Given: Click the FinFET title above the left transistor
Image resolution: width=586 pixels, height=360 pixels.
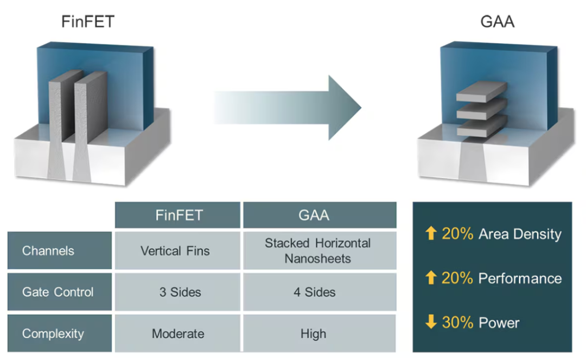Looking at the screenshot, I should point(87,22).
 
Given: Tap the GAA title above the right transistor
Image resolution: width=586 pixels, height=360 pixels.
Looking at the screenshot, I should point(498,22).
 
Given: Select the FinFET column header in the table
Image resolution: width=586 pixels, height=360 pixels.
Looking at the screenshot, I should point(178,215).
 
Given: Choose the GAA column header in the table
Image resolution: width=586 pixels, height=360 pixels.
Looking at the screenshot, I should point(314,215).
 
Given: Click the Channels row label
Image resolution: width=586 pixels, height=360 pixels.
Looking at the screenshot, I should point(48,251).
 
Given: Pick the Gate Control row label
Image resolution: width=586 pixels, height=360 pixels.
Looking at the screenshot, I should point(58,292).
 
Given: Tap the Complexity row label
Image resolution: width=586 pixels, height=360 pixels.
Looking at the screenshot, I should point(53,333).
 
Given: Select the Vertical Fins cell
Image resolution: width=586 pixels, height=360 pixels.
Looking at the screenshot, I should point(175,251).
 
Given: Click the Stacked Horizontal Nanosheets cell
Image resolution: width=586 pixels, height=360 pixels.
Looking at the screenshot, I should point(318,250).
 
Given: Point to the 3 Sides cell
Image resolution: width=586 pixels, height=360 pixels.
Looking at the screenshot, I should point(180,292).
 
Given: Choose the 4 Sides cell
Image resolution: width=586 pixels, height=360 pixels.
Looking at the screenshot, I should point(315,292).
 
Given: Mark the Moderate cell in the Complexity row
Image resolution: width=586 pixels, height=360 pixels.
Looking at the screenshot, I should point(178,333).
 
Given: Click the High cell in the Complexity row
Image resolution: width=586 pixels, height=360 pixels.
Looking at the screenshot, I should point(314,333).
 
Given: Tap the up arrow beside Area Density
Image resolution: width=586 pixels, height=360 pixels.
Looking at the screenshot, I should point(431,234).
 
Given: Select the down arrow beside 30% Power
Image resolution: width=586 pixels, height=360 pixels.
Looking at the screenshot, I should point(431,323).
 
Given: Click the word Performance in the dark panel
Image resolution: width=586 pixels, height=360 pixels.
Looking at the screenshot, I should point(520,279).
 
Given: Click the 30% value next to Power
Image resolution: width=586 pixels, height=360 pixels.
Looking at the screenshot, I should point(458,323).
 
